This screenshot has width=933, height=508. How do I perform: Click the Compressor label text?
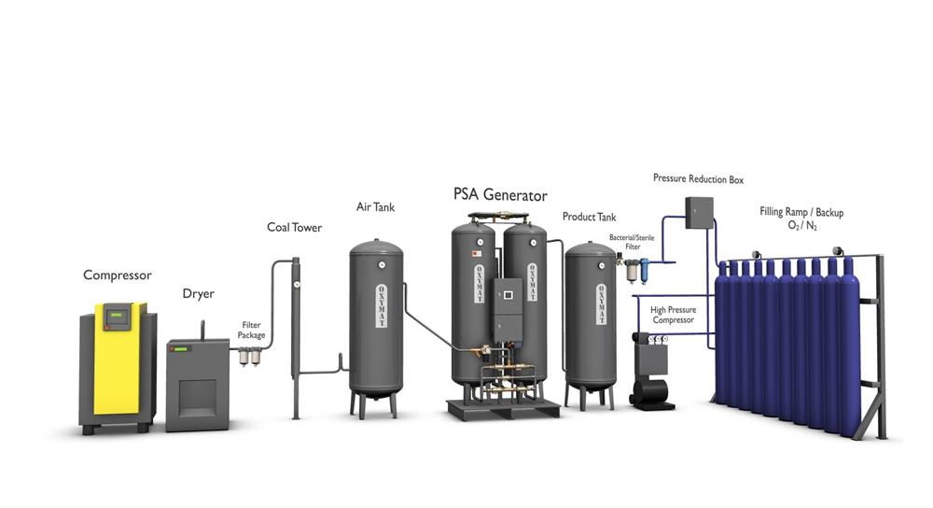coord(117,275)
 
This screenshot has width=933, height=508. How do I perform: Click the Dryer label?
coord(198,294)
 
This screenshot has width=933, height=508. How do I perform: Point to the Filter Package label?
coord(251,330)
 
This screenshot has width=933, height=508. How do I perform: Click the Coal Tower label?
coord(294,228)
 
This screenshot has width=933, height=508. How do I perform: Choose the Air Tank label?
coord(375,207)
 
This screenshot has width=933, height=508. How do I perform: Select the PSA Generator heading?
coord(500,196)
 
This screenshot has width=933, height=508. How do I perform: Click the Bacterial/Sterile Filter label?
coord(632,242)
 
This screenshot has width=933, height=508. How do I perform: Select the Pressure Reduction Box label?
coord(698,178)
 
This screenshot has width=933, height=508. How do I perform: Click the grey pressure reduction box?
coord(699,213)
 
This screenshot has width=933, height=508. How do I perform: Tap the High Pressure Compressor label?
coord(673,315)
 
